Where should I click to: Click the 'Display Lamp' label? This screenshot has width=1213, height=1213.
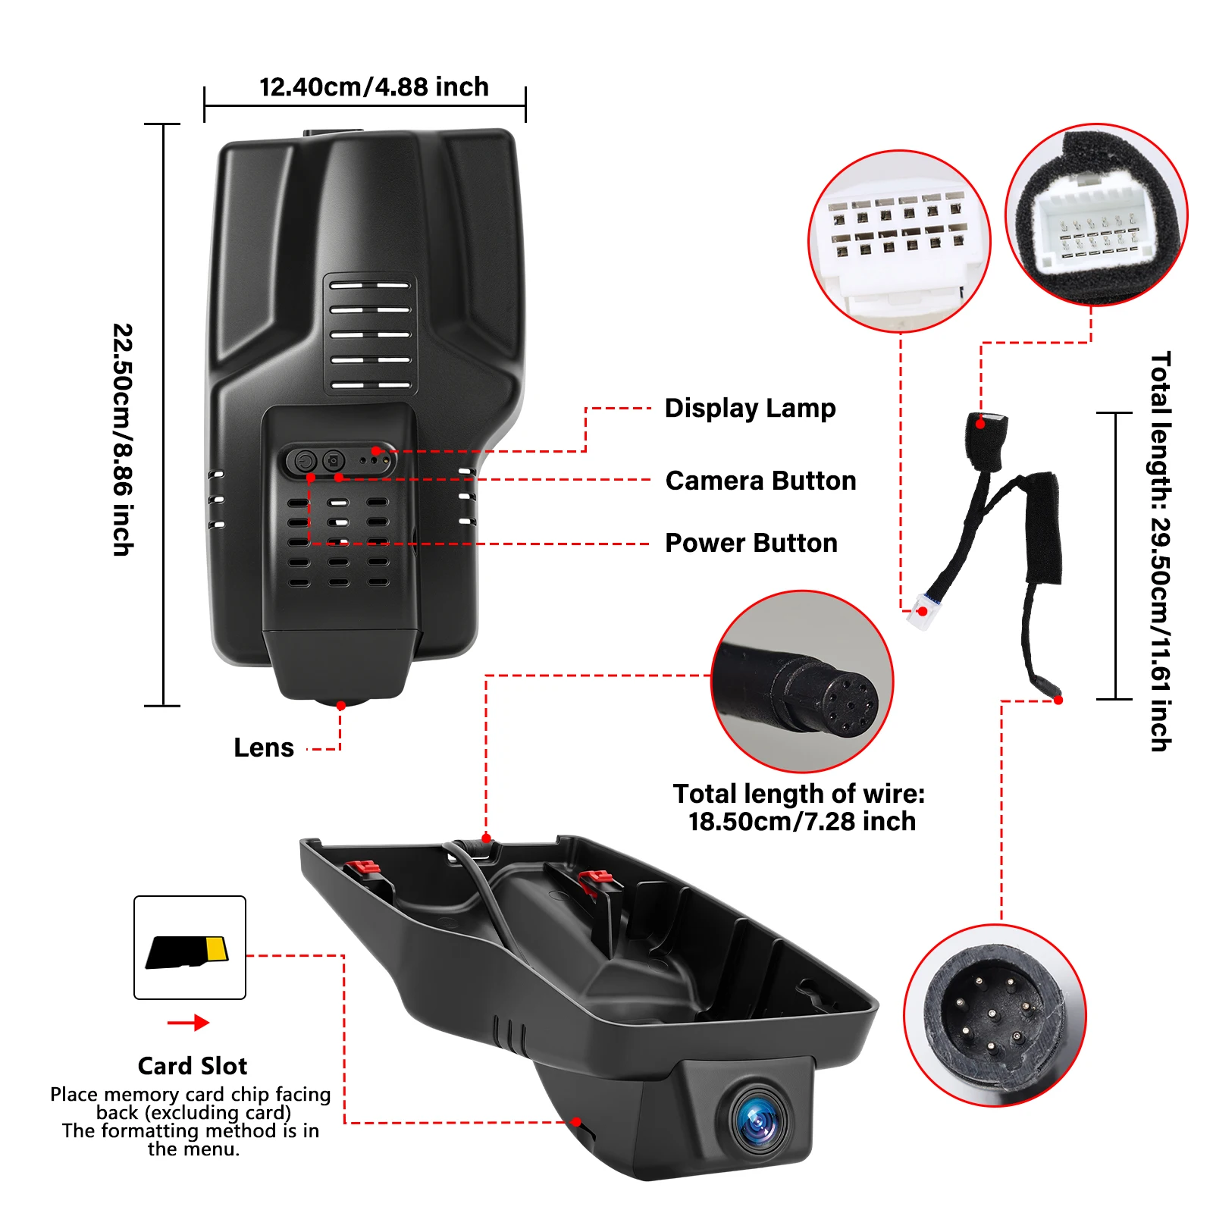[750, 409]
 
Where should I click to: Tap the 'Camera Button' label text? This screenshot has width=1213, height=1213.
[760, 481]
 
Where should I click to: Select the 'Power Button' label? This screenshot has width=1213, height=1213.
[751, 543]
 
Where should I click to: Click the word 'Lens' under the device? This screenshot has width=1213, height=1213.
[263, 748]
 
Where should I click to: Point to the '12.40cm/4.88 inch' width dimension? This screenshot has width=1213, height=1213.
[374, 87]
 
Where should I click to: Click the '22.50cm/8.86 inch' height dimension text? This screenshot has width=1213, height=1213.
[123, 440]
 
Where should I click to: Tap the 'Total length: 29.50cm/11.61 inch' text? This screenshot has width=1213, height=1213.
[1160, 551]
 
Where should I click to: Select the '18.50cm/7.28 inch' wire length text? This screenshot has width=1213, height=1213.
[801, 821]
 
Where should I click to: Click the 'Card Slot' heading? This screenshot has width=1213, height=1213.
[193, 1066]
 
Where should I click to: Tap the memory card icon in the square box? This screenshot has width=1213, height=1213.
[187, 951]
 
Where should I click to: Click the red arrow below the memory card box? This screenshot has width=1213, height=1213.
[188, 1023]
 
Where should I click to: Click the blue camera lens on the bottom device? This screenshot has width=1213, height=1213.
[758, 1118]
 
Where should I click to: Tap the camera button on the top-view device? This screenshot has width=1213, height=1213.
[334, 460]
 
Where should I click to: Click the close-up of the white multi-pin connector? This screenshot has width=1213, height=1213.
[900, 241]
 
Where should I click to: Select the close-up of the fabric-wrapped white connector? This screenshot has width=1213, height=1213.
[1096, 215]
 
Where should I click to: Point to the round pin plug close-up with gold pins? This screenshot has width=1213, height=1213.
[995, 1015]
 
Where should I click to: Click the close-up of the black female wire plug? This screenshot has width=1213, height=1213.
[802, 682]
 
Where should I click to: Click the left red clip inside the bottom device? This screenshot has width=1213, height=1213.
[365, 869]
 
